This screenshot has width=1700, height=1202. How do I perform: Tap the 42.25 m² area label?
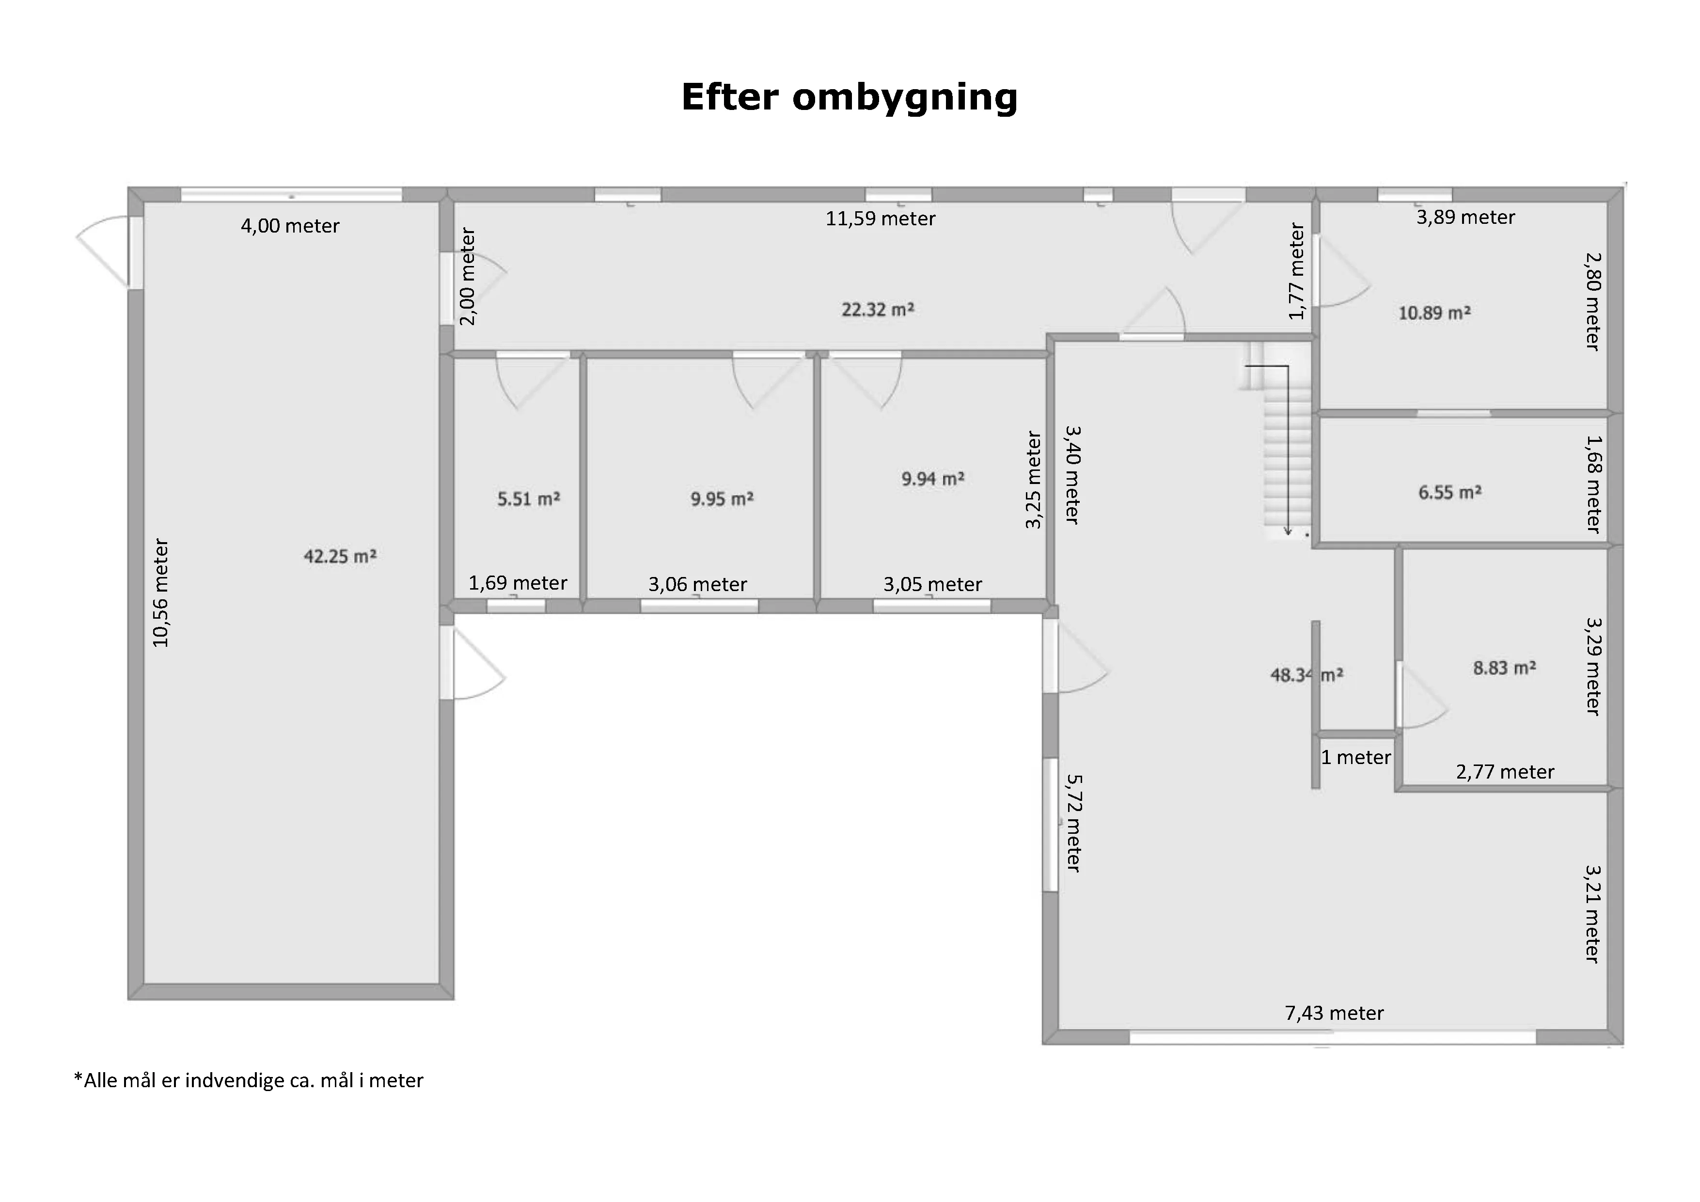coord(340,556)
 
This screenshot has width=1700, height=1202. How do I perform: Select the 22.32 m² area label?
coord(878,310)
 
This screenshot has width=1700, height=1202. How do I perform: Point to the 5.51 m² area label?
coord(529,499)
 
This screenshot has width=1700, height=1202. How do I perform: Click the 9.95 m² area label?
coord(722,499)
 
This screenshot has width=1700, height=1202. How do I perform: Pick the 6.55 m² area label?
coord(1450,492)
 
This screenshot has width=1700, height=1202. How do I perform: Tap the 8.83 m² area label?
coord(1505,668)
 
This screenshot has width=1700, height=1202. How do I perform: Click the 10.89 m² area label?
coord(1434,313)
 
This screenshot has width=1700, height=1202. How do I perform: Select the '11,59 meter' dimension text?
coord(881,219)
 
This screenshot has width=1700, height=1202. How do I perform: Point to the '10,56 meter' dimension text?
coord(161,593)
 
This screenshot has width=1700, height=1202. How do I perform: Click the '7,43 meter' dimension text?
coord(1334,1013)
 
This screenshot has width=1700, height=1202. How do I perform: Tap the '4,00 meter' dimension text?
coord(290,226)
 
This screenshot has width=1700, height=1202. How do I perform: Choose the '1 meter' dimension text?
coord(1356,757)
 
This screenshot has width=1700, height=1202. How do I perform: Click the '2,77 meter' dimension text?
coord(1505,772)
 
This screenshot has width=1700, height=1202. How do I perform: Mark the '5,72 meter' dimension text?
coord(1073,823)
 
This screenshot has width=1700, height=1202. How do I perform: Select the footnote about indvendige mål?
coord(249,1080)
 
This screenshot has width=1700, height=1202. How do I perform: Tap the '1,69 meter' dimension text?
coord(519,583)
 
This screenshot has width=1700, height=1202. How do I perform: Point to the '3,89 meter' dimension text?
coord(1466,217)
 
